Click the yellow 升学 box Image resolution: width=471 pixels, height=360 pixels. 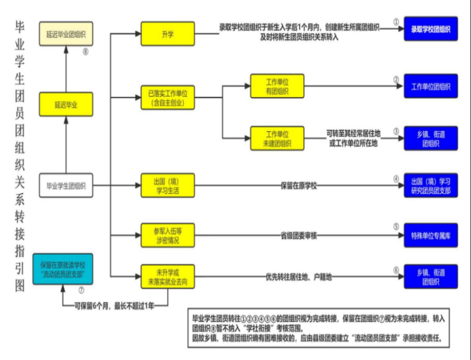168,34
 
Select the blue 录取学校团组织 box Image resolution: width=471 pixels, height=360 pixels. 431,29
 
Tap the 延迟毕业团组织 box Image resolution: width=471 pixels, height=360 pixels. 66,34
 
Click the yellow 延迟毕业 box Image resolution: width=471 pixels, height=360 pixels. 66,104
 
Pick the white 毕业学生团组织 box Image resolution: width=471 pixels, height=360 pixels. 66,185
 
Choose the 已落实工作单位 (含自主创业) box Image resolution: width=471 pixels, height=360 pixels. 168,97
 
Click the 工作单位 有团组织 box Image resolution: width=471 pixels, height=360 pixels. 277,86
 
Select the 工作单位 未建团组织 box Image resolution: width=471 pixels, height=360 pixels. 277,138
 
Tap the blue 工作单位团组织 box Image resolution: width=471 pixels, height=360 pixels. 431,86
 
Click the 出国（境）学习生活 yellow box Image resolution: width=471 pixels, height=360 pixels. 168,185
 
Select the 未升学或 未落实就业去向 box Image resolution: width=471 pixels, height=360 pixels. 168,277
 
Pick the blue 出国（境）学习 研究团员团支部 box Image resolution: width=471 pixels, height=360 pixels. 431,185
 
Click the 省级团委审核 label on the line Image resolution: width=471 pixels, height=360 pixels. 299,236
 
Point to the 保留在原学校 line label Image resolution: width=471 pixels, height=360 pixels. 299,185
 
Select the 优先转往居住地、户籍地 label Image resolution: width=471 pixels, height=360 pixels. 299,277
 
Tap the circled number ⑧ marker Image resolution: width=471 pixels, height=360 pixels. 86,51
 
